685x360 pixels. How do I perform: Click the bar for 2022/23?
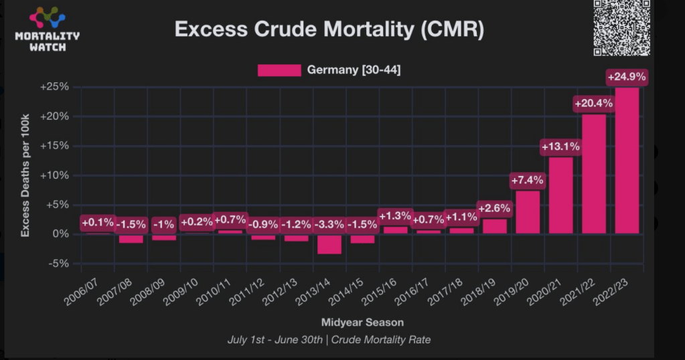[627, 161]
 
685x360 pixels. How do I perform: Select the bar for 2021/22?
[593, 174]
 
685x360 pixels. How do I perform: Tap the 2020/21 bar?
[560, 195]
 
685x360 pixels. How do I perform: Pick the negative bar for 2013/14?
[329, 244]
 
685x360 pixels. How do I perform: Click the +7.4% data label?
[528, 180]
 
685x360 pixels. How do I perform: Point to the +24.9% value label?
[627, 77]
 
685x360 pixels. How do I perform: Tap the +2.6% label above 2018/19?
[494, 208]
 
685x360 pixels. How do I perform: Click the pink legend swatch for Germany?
[279, 70]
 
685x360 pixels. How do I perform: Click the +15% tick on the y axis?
[55, 145]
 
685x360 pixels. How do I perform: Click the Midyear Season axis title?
[362, 322]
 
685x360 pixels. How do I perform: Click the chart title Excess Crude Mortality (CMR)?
[329, 30]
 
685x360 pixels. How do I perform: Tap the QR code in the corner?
[622, 27]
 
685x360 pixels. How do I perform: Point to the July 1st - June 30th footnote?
[329, 339]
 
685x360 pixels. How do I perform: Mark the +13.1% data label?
[560, 146]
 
